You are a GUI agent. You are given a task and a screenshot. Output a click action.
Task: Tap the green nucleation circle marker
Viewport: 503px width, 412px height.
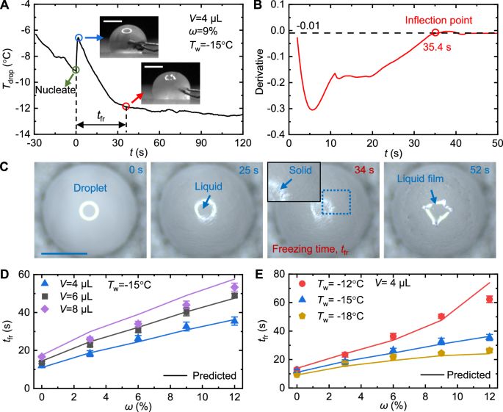pyautogui.click(x=76, y=70)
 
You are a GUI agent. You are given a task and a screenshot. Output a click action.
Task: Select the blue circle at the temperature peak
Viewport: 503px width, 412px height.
pyautogui.click(x=79, y=37)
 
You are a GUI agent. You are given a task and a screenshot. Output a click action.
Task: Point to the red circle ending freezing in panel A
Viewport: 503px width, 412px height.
pyautogui.click(x=126, y=106)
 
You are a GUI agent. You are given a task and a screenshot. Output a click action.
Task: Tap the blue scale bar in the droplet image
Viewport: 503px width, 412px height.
pyautogui.click(x=65, y=253)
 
